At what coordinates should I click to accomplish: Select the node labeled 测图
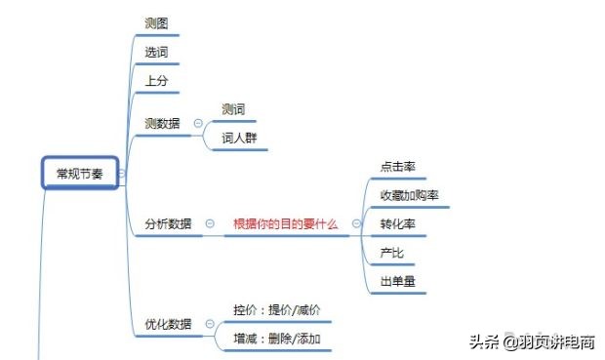point(155,21)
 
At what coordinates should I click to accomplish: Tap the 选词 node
point(155,51)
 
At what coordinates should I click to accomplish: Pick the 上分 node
point(155,80)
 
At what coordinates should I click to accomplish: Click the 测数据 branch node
point(161,124)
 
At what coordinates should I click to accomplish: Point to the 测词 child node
point(233,109)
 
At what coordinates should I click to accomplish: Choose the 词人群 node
point(239,138)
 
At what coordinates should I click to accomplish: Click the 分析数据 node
point(168,223)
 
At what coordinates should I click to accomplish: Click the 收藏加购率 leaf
point(410,195)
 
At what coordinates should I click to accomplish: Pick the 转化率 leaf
point(399,223)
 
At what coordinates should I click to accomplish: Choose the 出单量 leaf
point(399,282)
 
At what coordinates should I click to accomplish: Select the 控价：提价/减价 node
point(277,309)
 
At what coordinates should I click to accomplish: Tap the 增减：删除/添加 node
point(277,339)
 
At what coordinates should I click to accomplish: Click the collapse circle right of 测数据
point(198,124)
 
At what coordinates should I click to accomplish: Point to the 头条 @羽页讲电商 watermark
point(532,341)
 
